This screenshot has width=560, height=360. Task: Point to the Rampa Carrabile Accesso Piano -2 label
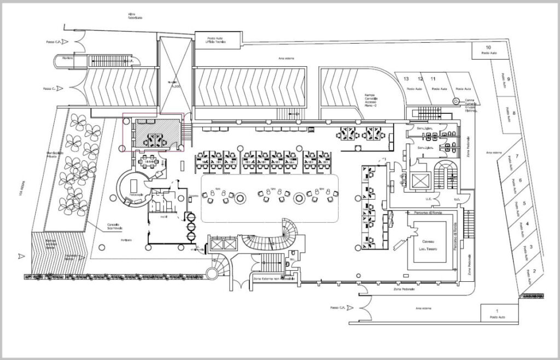click(374, 101)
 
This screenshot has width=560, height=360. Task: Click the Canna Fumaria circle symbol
click(456, 100)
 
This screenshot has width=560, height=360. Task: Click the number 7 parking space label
click(516, 156)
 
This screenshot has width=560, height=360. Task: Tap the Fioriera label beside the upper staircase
click(68, 57)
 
